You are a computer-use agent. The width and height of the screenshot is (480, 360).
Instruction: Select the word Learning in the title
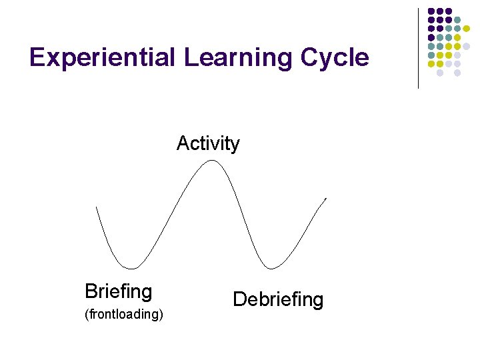click(x=238, y=58)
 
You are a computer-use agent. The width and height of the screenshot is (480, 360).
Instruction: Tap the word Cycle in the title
click(x=335, y=58)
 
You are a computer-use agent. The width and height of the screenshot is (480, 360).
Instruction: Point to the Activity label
click(x=208, y=143)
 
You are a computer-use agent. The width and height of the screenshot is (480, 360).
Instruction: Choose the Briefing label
click(x=119, y=291)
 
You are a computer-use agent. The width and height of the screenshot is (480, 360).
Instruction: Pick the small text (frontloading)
click(x=124, y=314)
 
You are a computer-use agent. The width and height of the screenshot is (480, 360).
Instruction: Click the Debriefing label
click(x=278, y=299)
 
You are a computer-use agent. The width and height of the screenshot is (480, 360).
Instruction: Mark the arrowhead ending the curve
click(x=325, y=199)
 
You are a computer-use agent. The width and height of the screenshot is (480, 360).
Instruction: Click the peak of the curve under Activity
click(x=211, y=161)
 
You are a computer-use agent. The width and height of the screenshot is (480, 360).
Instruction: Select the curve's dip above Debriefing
click(x=269, y=268)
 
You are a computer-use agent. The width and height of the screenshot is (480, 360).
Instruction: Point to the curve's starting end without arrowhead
click(x=97, y=207)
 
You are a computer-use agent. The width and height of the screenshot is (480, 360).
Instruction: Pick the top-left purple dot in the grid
click(x=431, y=11)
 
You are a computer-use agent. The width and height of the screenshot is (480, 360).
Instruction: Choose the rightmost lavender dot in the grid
click(x=466, y=47)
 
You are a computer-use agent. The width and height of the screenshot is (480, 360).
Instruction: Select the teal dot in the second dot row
click(x=457, y=20)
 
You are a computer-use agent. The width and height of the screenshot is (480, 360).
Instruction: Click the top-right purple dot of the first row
click(x=449, y=11)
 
